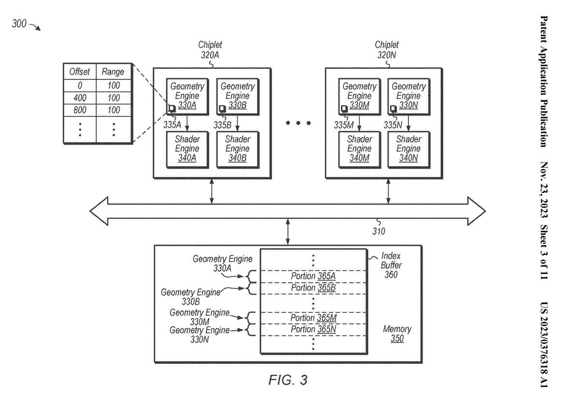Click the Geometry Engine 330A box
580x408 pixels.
pos(186,96)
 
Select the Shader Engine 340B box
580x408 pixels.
pos(237,148)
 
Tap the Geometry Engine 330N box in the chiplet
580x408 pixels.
pos(408,96)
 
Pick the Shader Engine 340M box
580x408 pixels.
pos(359,148)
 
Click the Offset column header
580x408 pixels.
pos(80,72)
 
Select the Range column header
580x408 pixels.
pos(113,72)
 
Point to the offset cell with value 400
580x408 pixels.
pos(80,98)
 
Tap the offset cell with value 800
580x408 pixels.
pos(80,110)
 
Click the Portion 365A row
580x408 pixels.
pos(313,276)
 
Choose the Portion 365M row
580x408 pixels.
pos(313,318)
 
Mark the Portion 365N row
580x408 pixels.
pos(313,329)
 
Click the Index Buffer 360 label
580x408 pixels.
pos(391,265)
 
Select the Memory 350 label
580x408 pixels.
pos(397,334)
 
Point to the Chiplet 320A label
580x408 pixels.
pos(210,50)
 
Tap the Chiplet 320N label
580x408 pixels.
pos(387,50)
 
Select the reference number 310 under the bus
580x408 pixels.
pos(378,231)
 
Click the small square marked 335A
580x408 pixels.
pos(171,108)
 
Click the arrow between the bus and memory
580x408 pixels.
pos(289,232)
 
